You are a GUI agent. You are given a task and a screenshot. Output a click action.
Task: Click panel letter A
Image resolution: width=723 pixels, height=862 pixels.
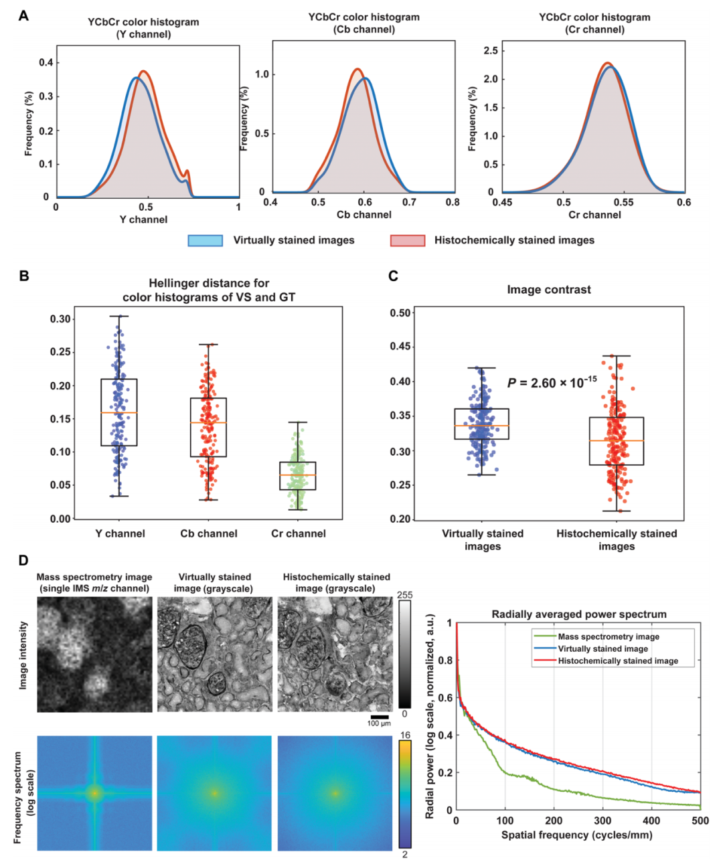pos(23,15)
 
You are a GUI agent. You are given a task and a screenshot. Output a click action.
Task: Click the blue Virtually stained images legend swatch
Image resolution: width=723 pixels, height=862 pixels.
pos(205,240)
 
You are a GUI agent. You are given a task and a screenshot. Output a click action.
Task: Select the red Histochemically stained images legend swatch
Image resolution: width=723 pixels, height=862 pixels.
pos(407,240)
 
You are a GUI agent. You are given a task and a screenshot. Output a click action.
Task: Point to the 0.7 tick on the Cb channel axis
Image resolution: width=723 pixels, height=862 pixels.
pos(408,201)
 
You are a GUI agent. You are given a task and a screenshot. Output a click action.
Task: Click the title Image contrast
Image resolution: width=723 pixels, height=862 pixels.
pos(549,290)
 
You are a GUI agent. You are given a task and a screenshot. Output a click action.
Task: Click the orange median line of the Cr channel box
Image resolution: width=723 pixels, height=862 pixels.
pos(298,475)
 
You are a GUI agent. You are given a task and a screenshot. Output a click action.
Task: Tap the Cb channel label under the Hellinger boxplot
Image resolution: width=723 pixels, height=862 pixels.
pos(209,533)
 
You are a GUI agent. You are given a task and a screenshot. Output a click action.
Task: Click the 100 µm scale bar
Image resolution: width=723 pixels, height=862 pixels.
pos(379,717)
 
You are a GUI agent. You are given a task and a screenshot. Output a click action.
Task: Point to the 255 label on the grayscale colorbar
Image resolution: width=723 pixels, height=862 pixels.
pos(404,595)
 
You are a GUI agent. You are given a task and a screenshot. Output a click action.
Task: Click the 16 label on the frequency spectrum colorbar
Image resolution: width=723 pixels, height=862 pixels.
pos(404,735)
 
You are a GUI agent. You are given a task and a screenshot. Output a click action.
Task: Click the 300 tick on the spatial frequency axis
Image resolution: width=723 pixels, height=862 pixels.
pos(602,821)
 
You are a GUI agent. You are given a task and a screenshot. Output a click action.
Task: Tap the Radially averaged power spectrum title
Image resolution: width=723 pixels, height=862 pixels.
pos(578,614)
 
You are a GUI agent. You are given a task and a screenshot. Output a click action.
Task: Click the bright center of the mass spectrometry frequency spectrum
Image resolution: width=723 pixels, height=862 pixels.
pos(94,793)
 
